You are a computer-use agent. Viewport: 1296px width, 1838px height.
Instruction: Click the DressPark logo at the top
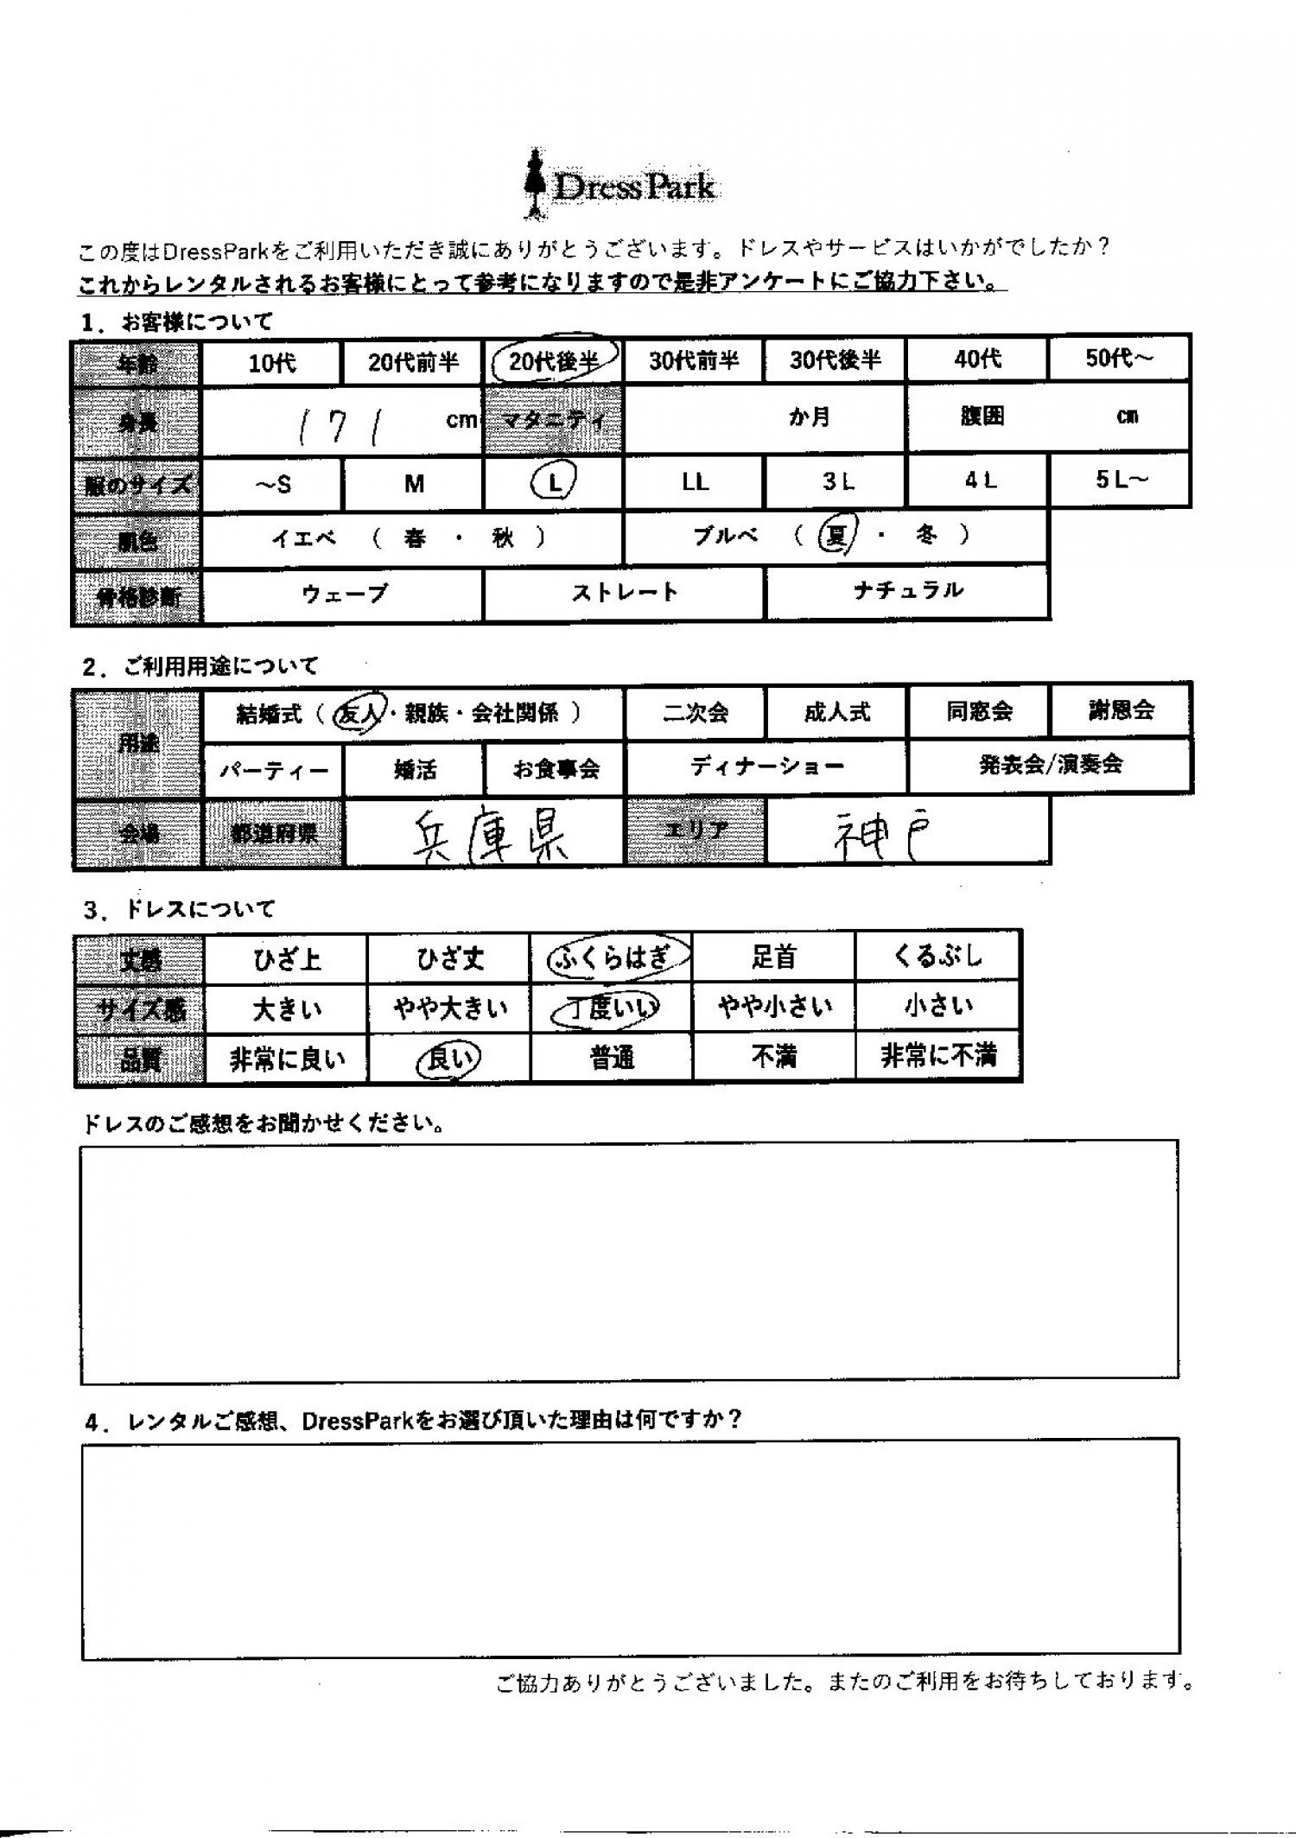620,185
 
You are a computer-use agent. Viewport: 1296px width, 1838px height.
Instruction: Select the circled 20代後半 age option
553,361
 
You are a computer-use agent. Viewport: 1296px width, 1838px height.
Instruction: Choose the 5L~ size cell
1121,480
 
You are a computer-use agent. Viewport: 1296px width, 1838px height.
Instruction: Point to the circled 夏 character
835,537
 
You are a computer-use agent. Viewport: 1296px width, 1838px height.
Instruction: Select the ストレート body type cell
624,593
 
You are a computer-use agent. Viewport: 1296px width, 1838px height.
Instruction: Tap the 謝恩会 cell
1121,710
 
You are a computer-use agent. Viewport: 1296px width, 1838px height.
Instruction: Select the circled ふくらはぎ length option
612,957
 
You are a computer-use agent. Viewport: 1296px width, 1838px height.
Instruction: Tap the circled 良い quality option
448,1059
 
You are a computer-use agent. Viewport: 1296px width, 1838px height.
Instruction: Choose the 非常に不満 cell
938,1055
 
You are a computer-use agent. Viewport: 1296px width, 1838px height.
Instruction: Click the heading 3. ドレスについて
179,909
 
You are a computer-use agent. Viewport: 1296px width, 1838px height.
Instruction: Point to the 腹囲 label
982,417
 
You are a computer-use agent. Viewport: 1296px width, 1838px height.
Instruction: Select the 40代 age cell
977,359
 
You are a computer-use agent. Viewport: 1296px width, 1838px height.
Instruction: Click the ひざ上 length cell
287,959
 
